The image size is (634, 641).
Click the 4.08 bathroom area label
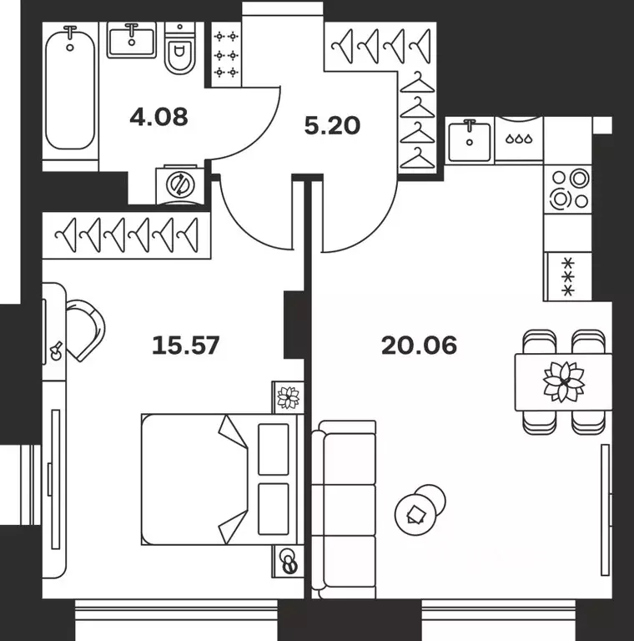click(x=158, y=117)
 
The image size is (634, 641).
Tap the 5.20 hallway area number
click(x=332, y=125)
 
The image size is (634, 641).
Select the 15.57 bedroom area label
click(x=185, y=345)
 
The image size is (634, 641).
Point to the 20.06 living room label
click(x=419, y=345)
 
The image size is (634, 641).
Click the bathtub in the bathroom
click(x=70, y=87)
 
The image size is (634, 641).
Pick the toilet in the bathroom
click(x=179, y=48)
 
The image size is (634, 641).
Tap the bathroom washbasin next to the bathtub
click(x=132, y=40)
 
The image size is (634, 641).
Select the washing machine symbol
click(x=180, y=184)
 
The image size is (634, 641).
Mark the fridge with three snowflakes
click(x=568, y=277)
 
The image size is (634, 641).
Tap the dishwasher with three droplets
click(x=519, y=140)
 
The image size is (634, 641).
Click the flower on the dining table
click(x=564, y=381)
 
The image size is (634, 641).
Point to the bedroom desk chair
click(x=85, y=331)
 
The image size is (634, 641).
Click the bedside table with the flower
click(x=288, y=397)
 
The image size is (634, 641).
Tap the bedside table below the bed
click(x=288, y=561)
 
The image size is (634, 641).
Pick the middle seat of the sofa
click(x=350, y=510)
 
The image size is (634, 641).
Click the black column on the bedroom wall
click(x=294, y=325)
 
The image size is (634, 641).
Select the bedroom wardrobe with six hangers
click(x=127, y=235)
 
